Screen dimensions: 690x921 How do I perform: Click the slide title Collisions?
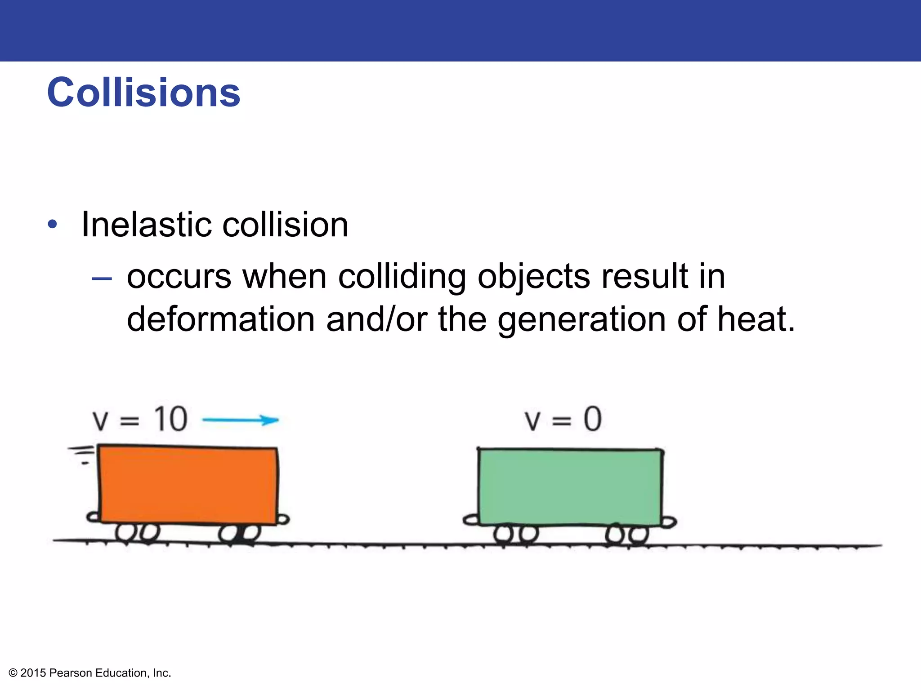tap(143, 93)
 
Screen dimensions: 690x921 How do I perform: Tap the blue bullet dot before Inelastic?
tap(53, 224)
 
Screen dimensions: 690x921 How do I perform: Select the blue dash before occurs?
tap(101, 279)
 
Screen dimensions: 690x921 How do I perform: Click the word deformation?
tap(220, 319)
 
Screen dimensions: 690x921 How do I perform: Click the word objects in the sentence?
tap(533, 277)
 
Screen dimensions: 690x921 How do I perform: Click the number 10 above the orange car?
tap(170, 420)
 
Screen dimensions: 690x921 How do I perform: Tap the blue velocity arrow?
tap(241, 420)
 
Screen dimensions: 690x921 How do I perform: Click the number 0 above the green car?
tap(592, 420)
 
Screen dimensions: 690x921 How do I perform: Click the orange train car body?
tap(188, 485)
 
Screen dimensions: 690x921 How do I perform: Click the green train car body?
tap(569, 487)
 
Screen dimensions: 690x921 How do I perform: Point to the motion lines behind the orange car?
tap(82, 454)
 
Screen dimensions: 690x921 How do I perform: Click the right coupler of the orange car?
tap(283, 520)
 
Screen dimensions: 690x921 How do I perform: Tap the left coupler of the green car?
tap(471, 520)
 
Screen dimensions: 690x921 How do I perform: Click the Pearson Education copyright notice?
tap(90, 673)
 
